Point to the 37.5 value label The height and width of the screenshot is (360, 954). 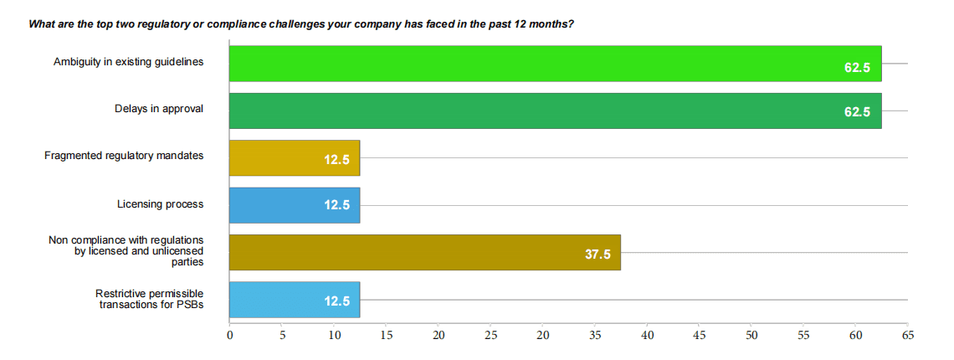[598, 253]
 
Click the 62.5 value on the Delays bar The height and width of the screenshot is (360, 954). [857, 111]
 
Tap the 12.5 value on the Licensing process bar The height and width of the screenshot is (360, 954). [337, 206]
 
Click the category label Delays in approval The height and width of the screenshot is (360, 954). [159, 109]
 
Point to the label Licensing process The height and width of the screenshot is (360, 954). [161, 203]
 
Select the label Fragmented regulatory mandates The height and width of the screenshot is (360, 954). [124, 156]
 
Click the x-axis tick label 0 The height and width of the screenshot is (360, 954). [230, 336]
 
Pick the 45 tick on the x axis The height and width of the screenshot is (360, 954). [700, 336]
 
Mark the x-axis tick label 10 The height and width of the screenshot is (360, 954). [334, 336]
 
